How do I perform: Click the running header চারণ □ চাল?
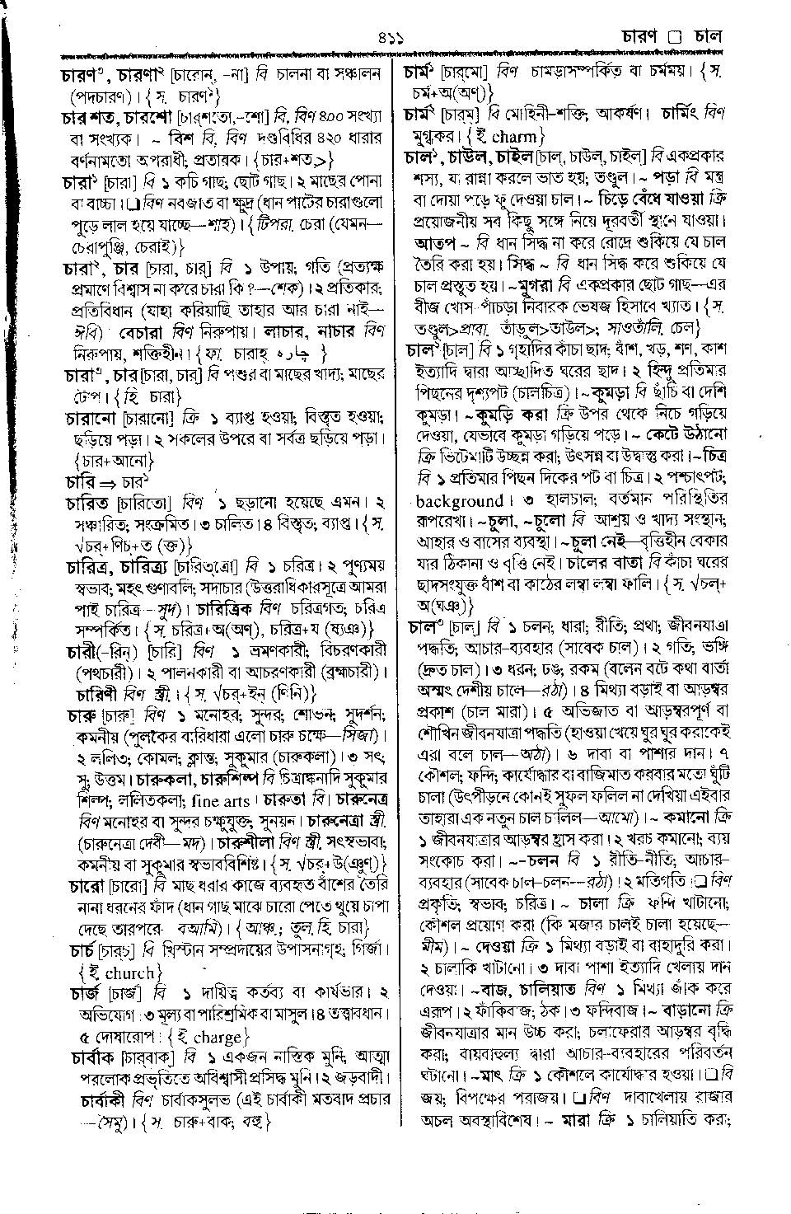coord(672,36)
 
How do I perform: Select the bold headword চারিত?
coord(87,501)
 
